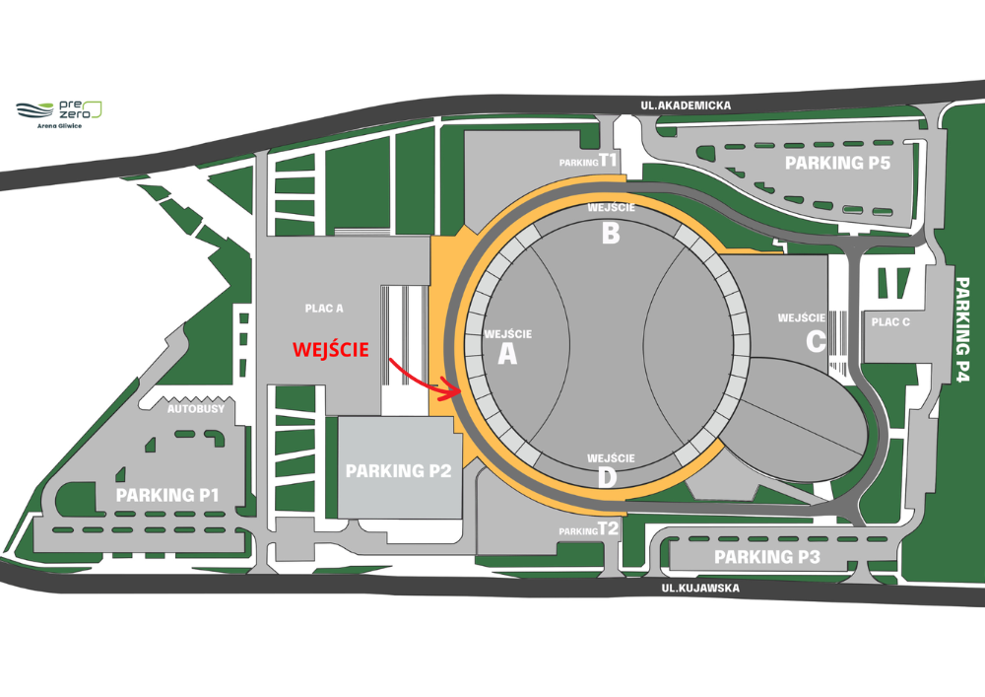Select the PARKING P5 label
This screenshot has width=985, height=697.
coord(837,163)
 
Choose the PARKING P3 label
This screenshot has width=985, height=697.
coord(767,557)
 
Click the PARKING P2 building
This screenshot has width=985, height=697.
coord(399,470)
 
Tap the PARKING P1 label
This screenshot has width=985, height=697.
coord(167,494)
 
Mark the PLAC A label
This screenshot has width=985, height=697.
coord(324,309)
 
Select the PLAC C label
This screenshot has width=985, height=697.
coord(891,322)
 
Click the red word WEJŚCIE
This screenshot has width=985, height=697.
coord(330,349)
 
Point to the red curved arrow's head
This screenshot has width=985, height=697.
coord(456,392)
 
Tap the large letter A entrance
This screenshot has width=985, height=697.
coord(507,355)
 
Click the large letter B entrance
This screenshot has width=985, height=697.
coord(611,234)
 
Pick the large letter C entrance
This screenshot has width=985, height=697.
coord(815,341)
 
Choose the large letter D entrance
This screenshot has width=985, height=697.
coord(609,478)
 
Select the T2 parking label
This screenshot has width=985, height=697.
coord(609,528)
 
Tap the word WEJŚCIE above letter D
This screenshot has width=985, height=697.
coord(611,458)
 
